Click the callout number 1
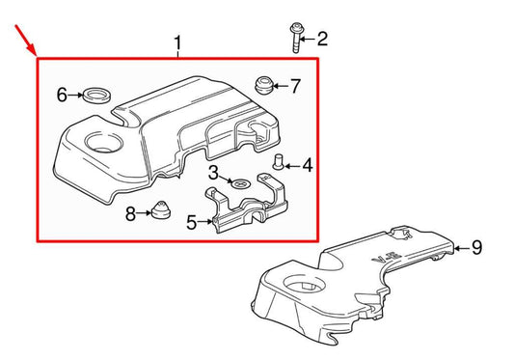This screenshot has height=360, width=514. (x=178, y=43)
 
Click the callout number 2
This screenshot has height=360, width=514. (x=322, y=39)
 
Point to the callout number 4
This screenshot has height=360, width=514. (x=308, y=166)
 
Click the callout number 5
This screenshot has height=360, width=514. (x=192, y=223)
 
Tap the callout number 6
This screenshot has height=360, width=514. (x=63, y=95)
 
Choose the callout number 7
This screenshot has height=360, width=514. (x=295, y=87)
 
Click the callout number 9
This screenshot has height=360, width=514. (x=475, y=248)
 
